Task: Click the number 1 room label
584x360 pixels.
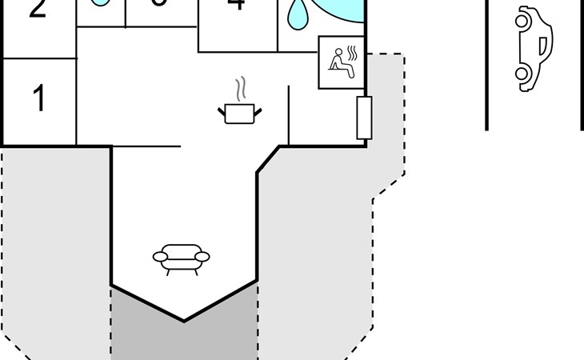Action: click(38, 99)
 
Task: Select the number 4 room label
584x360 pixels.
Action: click(236, 5)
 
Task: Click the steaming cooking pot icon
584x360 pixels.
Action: click(239, 114)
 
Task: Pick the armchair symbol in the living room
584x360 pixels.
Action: click(181, 258)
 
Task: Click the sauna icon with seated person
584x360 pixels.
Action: click(342, 62)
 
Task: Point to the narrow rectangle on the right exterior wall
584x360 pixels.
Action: click(364, 117)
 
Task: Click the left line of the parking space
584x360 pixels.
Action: click(486, 64)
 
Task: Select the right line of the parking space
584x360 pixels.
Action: click(582, 64)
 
